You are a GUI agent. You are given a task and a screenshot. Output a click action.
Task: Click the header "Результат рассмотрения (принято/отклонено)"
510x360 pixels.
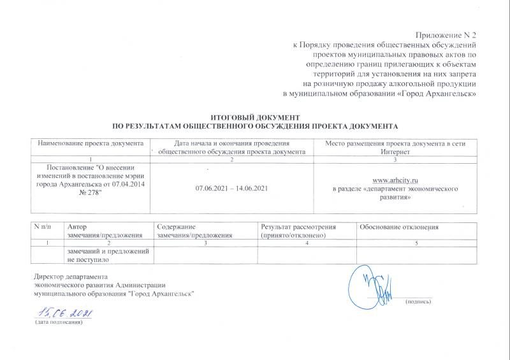[x=297, y=231]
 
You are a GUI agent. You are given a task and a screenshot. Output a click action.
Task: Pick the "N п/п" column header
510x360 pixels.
[x=44, y=227]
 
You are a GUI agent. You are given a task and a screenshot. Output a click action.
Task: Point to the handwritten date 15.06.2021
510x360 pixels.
[x=66, y=313]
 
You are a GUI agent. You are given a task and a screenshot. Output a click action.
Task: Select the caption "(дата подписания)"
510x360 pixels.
[x=59, y=324]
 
